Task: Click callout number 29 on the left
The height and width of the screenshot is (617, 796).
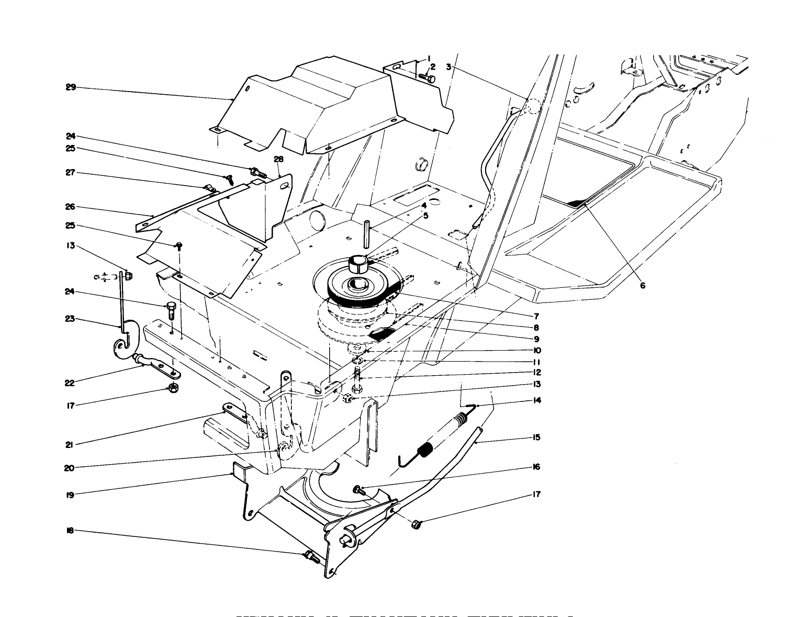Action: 71,87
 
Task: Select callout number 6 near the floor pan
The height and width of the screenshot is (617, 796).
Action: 642,285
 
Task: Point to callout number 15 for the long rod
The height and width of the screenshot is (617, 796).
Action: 536,437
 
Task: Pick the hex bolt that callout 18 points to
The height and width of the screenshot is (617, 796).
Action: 311,556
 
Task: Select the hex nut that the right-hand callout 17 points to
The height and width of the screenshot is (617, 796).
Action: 417,523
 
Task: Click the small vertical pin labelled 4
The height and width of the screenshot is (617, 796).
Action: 367,233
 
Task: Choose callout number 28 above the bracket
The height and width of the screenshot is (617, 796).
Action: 278,159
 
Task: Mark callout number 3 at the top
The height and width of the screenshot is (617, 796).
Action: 449,66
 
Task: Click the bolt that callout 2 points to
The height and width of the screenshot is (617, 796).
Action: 428,78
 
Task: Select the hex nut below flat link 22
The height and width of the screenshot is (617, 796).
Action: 172,388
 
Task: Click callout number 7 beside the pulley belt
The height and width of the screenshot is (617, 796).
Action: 536,316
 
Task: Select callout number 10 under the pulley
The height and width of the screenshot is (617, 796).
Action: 537,351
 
